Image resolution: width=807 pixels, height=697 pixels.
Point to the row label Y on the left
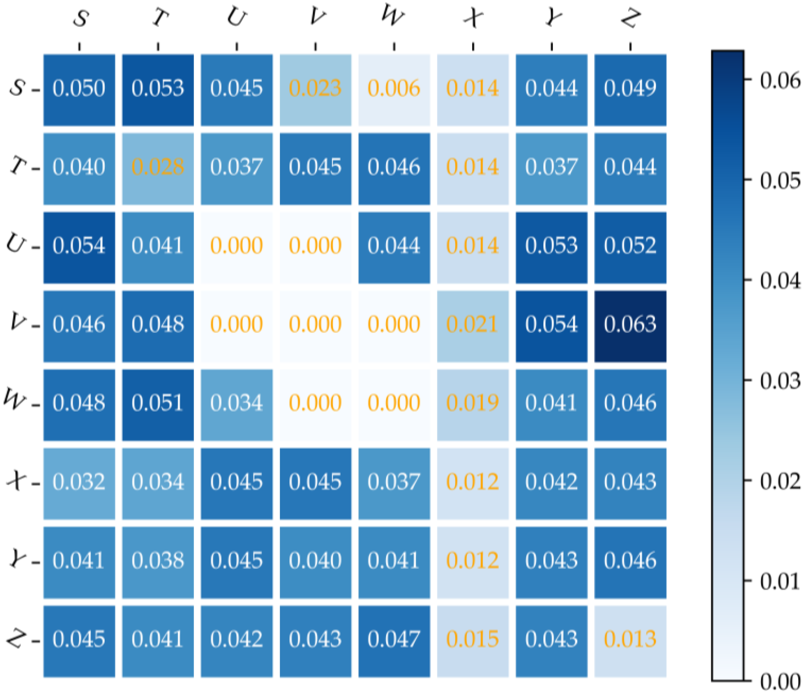tap(18, 560)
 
